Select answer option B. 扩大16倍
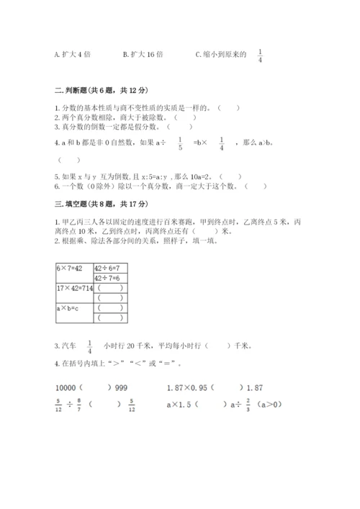(x=143, y=53)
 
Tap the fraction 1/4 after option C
(x=261, y=55)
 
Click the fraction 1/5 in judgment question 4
(x=180, y=143)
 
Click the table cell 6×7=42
(x=69, y=268)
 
